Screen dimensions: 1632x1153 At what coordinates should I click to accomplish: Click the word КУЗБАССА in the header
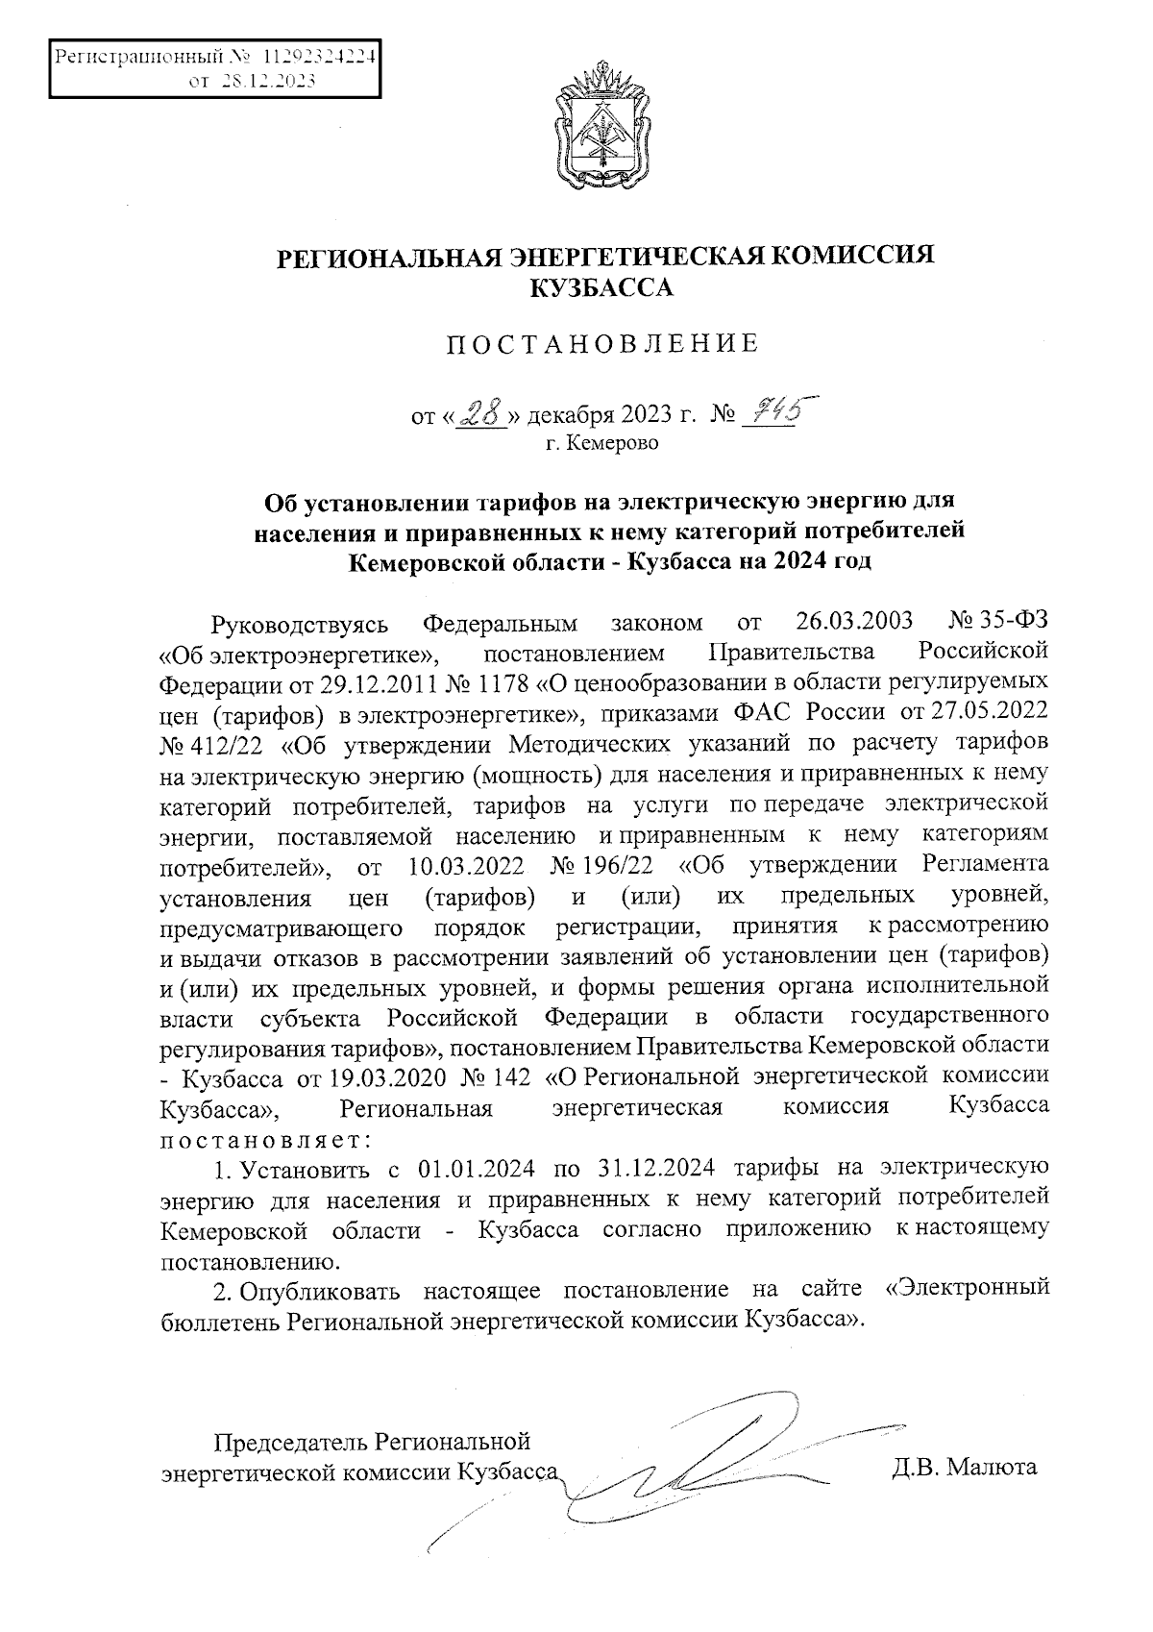(x=603, y=286)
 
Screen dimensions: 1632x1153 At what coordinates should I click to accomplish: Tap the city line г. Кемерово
(x=602, y=444)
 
